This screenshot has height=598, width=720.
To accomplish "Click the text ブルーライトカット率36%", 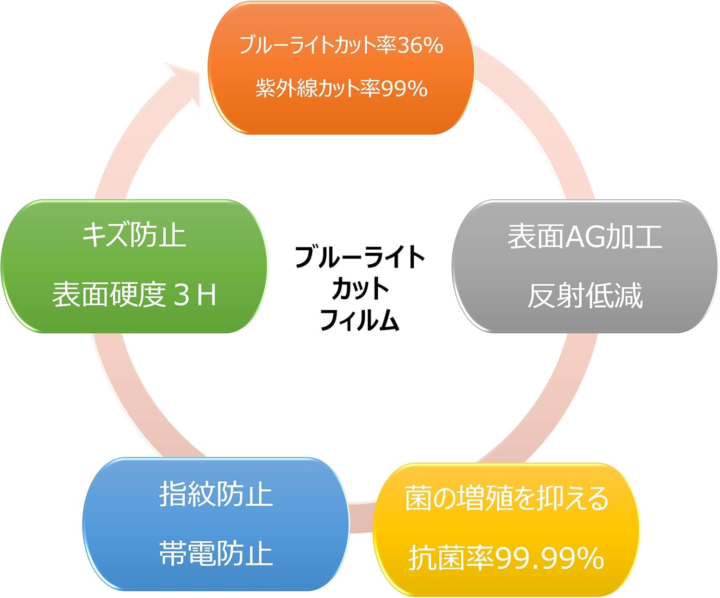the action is click(341, 45).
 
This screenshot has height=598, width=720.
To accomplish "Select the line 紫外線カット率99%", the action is click(341, 88).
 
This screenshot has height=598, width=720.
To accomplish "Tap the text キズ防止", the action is click(134, 235).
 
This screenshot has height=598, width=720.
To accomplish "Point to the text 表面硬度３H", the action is click(134, 294).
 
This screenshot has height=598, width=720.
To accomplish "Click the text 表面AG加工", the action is click(585, 236).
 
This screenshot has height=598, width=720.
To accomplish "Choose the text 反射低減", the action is click(585, 295).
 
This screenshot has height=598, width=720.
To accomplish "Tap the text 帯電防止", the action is click(216, 553).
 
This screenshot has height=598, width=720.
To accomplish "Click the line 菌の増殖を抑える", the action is click(506, 499).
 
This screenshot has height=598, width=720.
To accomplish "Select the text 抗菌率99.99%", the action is click(506, 558).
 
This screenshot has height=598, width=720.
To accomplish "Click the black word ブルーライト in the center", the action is click(360, 257).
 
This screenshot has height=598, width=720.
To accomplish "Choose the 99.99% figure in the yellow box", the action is click(549, 558).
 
